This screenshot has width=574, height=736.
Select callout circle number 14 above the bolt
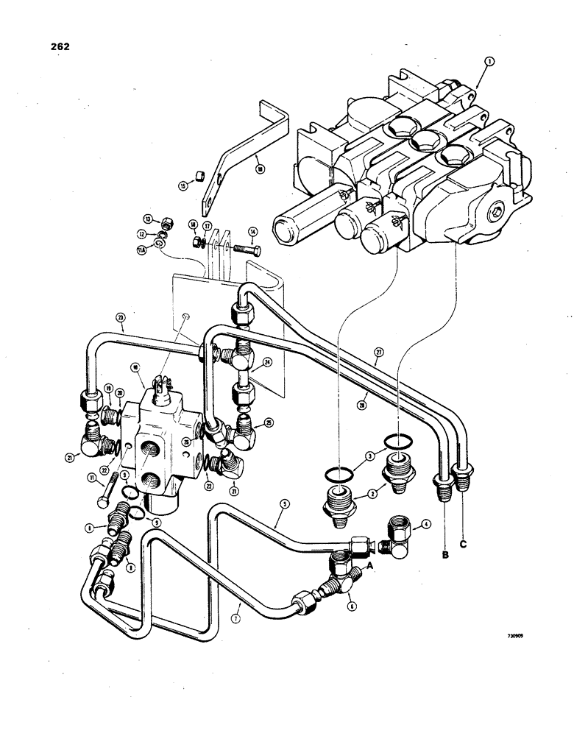[x=252, y=231]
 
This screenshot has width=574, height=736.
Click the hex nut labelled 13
[x=169, y=222]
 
